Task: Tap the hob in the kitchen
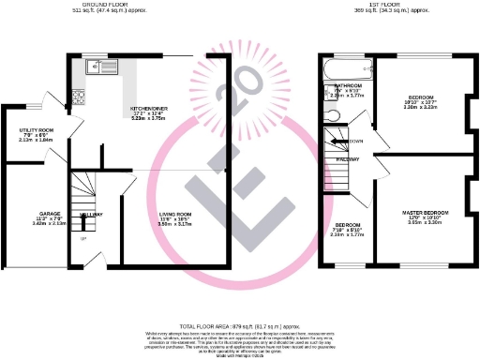point(77,95)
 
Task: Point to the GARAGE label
point(50,214)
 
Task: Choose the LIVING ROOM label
point(174,214)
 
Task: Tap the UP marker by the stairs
point(82,238)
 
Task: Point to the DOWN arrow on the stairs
point(353,141)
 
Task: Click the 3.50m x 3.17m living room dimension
point(174,224)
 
